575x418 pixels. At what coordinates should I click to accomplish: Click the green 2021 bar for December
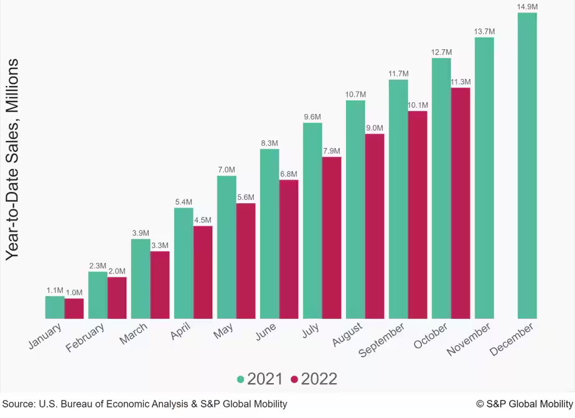(527, 166)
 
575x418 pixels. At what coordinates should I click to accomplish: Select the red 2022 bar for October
(460, 203)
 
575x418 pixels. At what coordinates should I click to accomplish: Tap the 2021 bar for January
(55, 307)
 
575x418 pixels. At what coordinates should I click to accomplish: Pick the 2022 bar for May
(246, 261)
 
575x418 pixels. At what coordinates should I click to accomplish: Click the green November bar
(484, 178)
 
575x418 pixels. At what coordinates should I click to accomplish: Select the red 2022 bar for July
(332, 237)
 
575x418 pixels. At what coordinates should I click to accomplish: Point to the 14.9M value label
(527, 7)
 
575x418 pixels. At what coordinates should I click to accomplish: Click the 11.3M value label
(460, 82)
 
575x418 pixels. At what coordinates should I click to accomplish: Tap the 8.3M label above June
(269, 143)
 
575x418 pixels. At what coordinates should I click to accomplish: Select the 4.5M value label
(203, 220)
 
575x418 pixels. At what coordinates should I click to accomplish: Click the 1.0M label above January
(74, 293)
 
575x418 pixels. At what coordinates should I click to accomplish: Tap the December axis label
(512, 339)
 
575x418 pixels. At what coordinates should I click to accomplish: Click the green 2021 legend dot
(241, 379)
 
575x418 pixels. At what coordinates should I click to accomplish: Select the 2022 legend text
(319, 379)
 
